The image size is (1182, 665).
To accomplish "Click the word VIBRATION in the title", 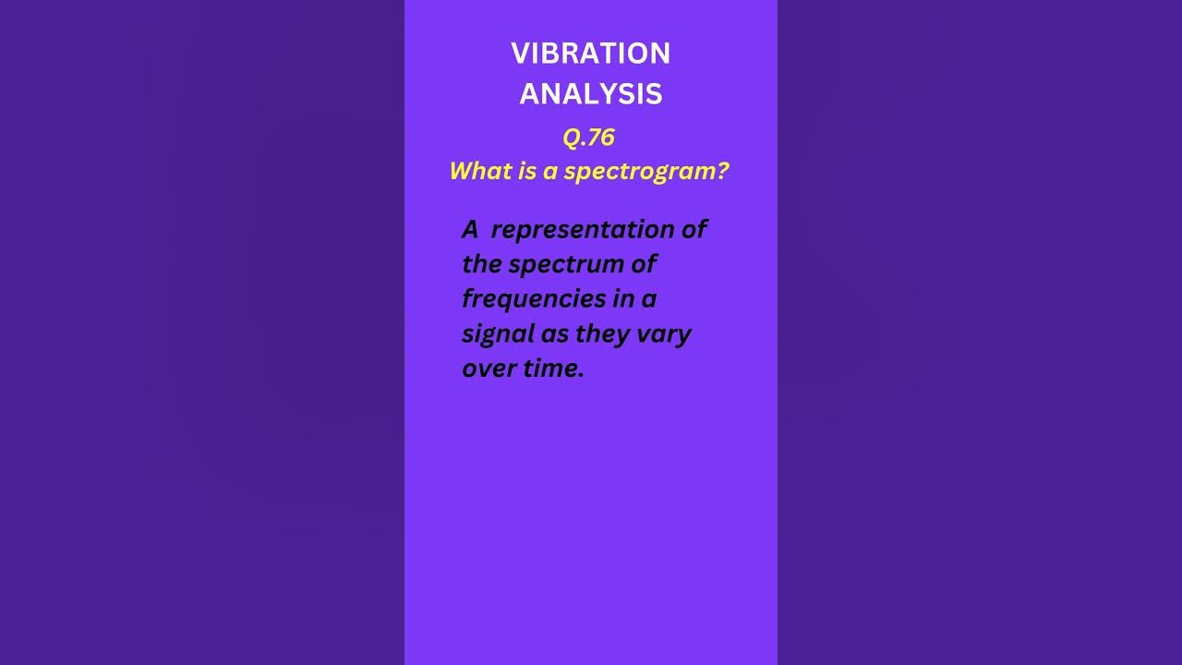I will click(591, 54).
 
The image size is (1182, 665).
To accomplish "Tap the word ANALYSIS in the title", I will click(591, 93).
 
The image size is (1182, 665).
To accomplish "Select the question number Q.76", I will click(588, 138).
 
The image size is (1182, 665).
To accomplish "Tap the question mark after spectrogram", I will click(722, 171).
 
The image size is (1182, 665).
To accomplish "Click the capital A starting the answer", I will click(471, 229).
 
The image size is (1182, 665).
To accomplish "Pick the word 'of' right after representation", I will click(693, 229).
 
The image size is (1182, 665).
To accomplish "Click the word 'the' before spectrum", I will click(482, 264).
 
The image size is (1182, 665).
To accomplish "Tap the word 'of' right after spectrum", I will click(643, 264).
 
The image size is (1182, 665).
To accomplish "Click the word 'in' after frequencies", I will click(624, 299).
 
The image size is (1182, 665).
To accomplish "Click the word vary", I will click(664, 334).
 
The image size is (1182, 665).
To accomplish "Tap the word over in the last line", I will click(490, 369).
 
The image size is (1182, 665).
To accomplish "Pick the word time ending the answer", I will click(554, 369).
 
